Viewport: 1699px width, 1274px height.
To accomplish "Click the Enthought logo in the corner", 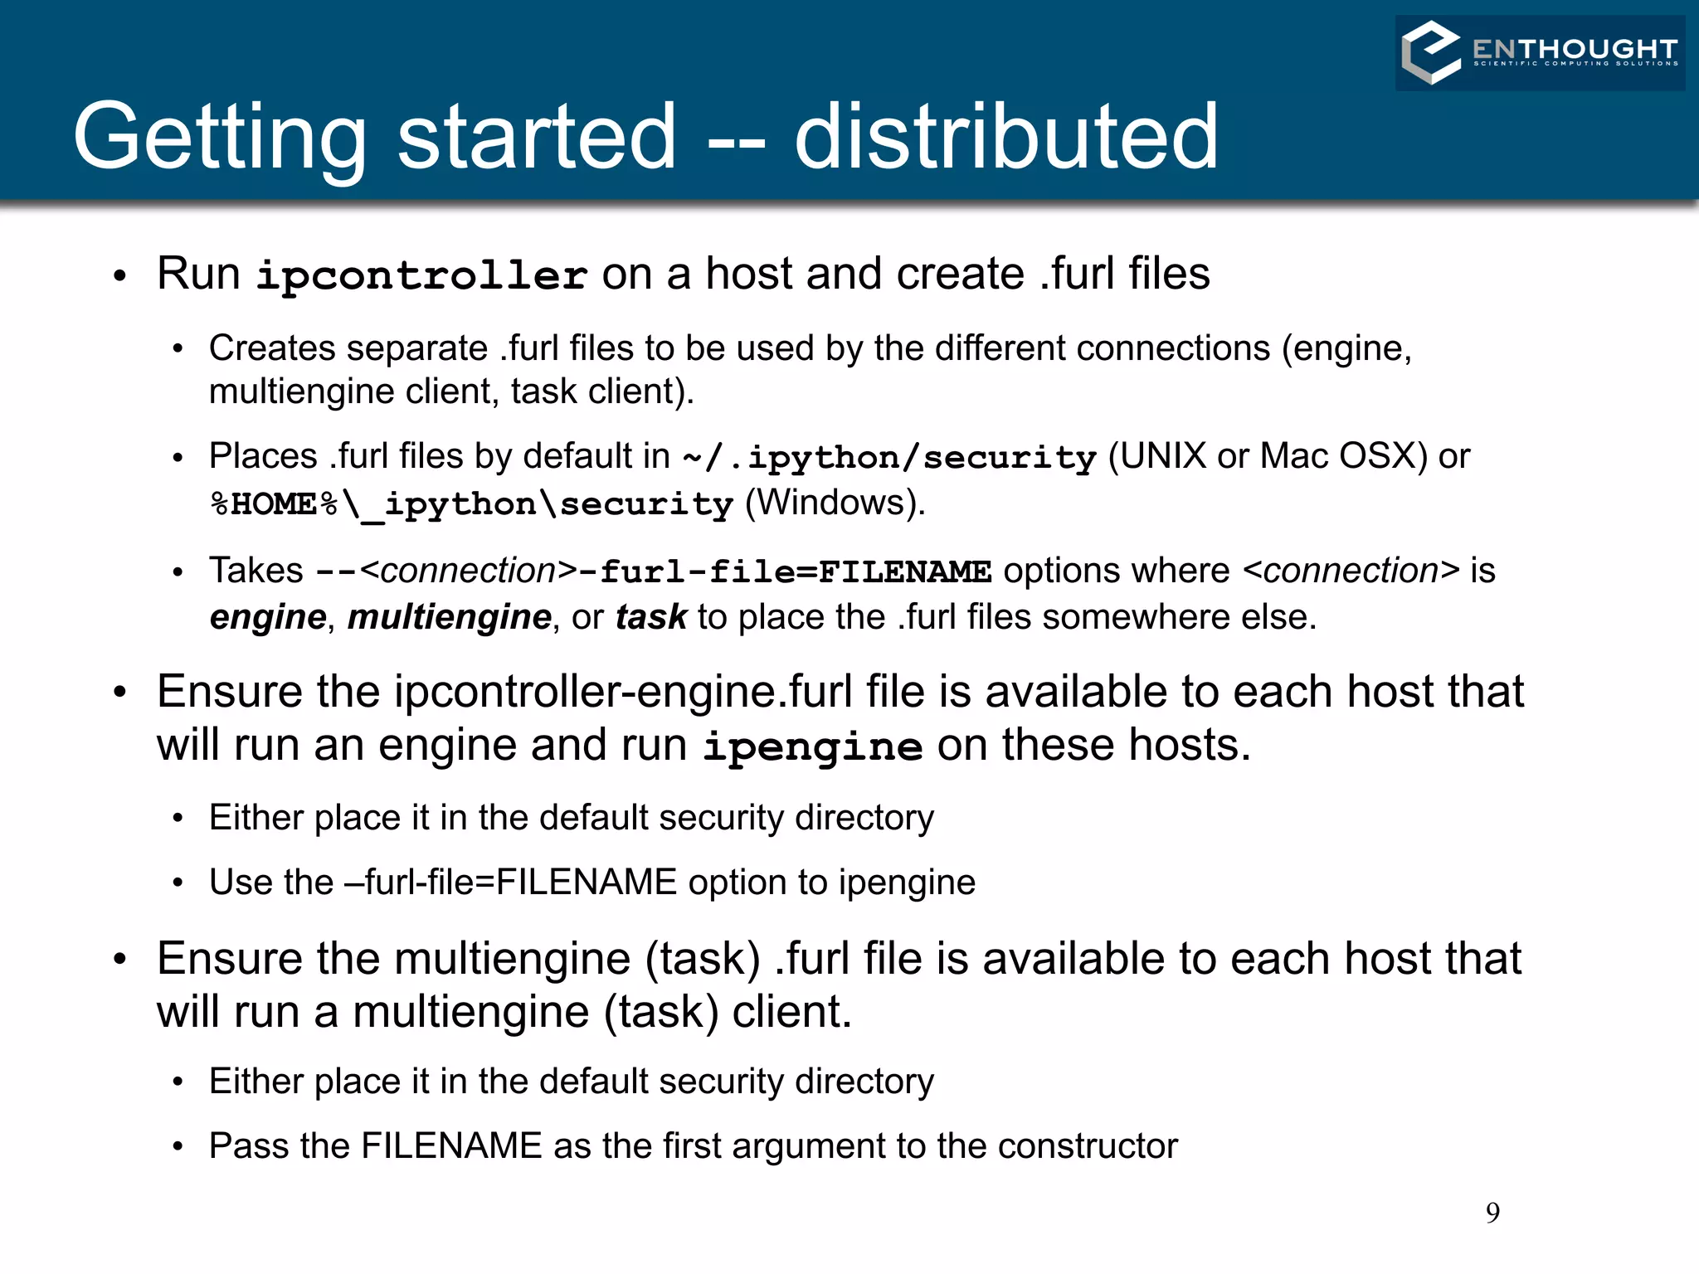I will tap(1539, 52).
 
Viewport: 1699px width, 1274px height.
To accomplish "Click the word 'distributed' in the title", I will tap(1005, 137).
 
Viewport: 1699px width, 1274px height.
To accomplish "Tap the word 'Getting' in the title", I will tap(220, 137).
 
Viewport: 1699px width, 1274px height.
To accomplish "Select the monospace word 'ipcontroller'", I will tap(421, 275).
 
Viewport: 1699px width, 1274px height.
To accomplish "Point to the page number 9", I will tap(1492, 1213).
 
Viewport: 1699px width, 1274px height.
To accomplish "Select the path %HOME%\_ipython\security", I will tap(471, 504).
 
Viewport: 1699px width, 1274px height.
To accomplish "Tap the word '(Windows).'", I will tap(835, 503).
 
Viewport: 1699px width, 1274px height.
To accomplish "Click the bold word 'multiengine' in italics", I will tap(449, 617).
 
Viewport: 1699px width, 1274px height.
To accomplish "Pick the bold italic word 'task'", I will tap(651, 617).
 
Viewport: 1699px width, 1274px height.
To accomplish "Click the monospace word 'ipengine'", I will tap(812, 746).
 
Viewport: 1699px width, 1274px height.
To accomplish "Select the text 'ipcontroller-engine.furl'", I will tap(623, 692).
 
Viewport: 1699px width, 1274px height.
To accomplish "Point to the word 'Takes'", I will tap(256, 571).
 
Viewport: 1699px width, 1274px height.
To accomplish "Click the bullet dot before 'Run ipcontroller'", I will tap(120, 275).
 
